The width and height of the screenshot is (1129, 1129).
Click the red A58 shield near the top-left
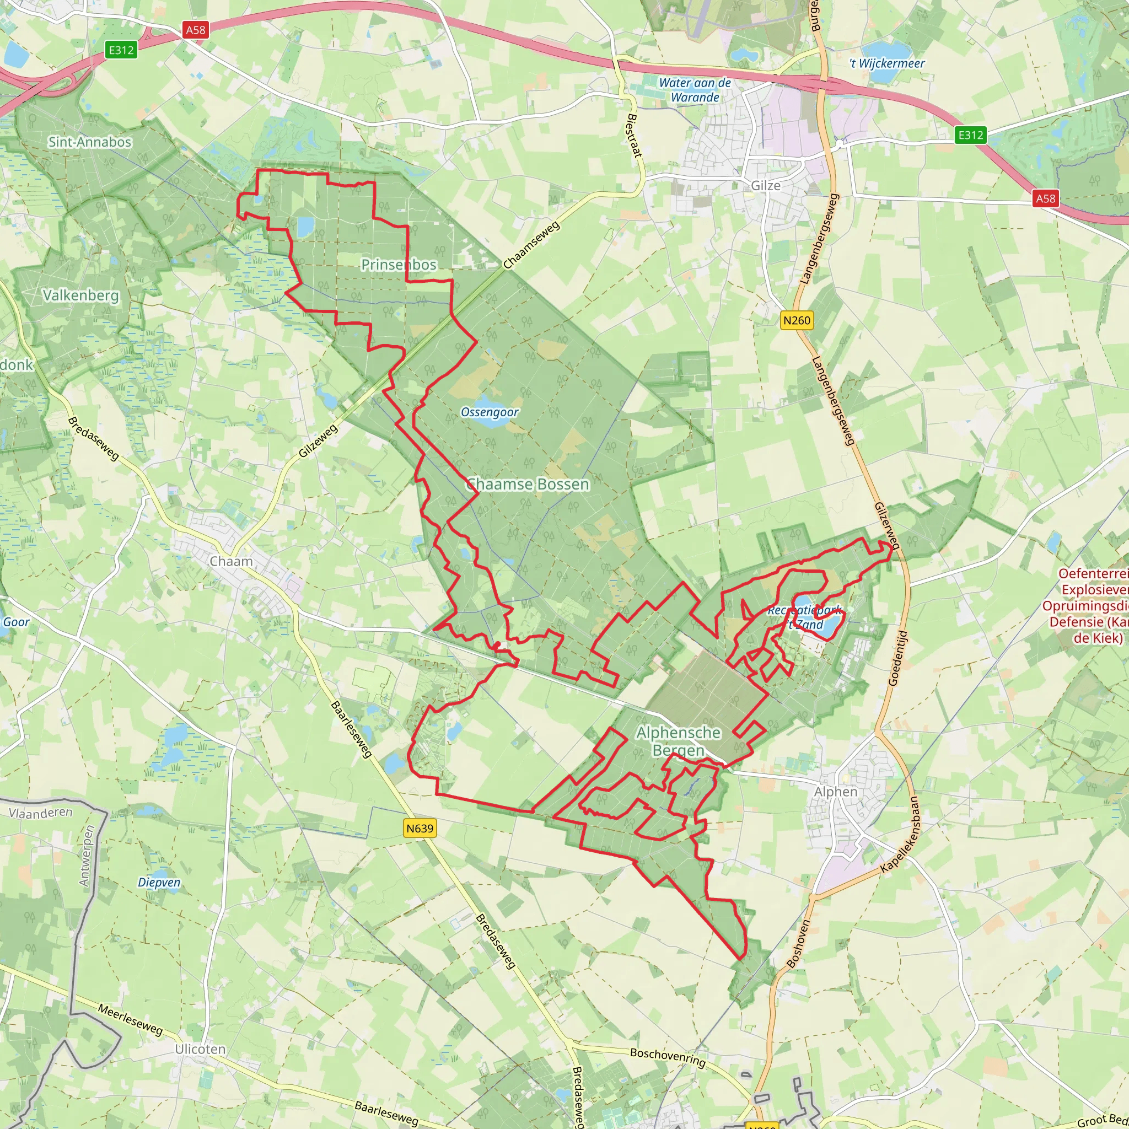point(195,30)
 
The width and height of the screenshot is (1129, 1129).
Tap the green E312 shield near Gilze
point(971,135)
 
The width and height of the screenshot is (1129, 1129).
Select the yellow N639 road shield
point(420,828)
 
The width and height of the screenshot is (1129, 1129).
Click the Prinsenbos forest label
point(399,265)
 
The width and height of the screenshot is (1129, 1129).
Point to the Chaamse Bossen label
point(527,484)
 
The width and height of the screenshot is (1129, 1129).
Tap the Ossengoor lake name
point(490,412)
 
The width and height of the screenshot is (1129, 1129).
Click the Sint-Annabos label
point(89,142)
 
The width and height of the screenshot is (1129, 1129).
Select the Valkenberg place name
point(80,295)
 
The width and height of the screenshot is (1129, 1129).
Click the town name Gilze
point(766,186)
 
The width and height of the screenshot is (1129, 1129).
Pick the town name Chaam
point(231,562)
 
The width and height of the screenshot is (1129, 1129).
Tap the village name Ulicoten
point(200,1049)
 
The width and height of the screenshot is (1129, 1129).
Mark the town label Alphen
point(836,792)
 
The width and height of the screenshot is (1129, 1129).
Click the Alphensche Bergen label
point(679,741)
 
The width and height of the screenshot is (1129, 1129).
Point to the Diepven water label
point(159,883)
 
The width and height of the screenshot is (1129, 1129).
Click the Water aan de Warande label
point(695,90)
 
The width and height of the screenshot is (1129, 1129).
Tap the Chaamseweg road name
point(531,245)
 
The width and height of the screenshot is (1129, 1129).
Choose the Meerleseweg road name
point(130,1019)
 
